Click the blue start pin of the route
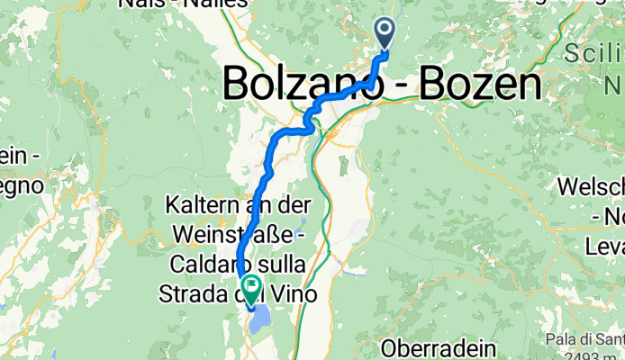coord(385,34)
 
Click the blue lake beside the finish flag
coord(261,318)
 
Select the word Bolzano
coord(301,84)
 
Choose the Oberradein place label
coord(439,346)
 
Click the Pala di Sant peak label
coord(584,339)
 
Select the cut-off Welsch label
coord(591,188)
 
